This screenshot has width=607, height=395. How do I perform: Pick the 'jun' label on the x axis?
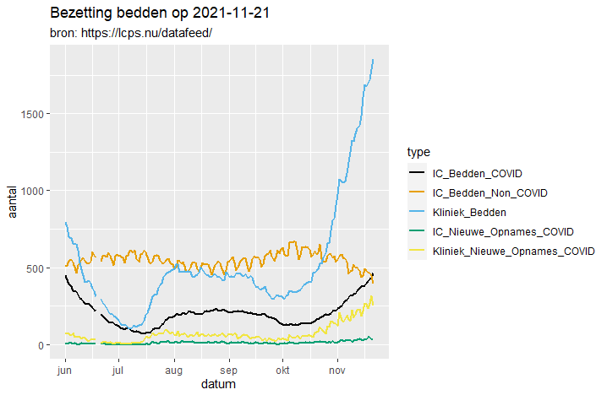pos(64,370)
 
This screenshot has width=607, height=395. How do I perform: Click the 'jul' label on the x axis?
pos(118,370)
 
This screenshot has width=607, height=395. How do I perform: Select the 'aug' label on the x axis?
pos(173,370)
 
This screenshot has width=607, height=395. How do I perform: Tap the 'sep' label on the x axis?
pos(228,370)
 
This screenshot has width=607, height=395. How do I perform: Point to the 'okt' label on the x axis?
pos(282,370)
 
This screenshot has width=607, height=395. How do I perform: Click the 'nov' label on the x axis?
pos(337,370)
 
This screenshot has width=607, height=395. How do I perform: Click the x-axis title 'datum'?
pos(218,384)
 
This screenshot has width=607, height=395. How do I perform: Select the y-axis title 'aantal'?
pos(13,199)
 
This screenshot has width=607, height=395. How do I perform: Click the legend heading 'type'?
pos(418,153)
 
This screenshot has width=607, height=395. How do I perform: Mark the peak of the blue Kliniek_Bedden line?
pos(373,60)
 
